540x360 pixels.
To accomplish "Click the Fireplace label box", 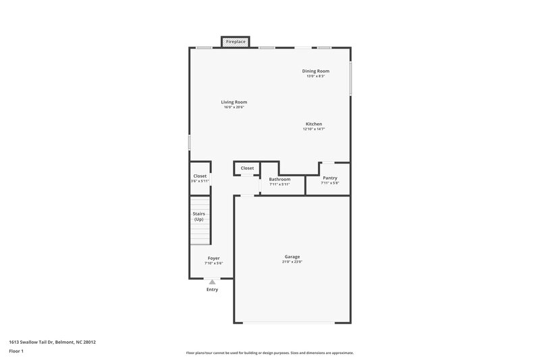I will (236, 42).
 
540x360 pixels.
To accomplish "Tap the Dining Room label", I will (315, 71).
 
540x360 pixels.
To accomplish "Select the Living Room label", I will (234, 102).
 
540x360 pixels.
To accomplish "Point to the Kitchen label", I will (314, 124).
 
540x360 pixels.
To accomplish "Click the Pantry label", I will (329, 178).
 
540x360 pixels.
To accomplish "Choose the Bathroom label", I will (279, 179).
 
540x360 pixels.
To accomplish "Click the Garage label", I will (292, 257).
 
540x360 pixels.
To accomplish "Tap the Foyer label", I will (213, 258).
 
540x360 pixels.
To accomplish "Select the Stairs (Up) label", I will (198, 216).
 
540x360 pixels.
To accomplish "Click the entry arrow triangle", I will (213, 282).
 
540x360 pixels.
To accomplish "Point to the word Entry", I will (213, 290).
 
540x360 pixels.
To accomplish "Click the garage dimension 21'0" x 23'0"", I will (292, 261).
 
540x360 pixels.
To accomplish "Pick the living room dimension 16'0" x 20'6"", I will (234, 107).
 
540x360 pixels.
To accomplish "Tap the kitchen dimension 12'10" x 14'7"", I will (314, 129).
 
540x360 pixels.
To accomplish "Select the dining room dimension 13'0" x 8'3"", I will (315, 76).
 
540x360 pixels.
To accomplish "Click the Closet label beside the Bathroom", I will (247, 168).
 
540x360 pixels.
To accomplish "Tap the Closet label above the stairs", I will (200, 176).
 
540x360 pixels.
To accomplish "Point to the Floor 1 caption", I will (16, 352).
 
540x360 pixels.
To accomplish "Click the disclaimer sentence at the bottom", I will (269, 353).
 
